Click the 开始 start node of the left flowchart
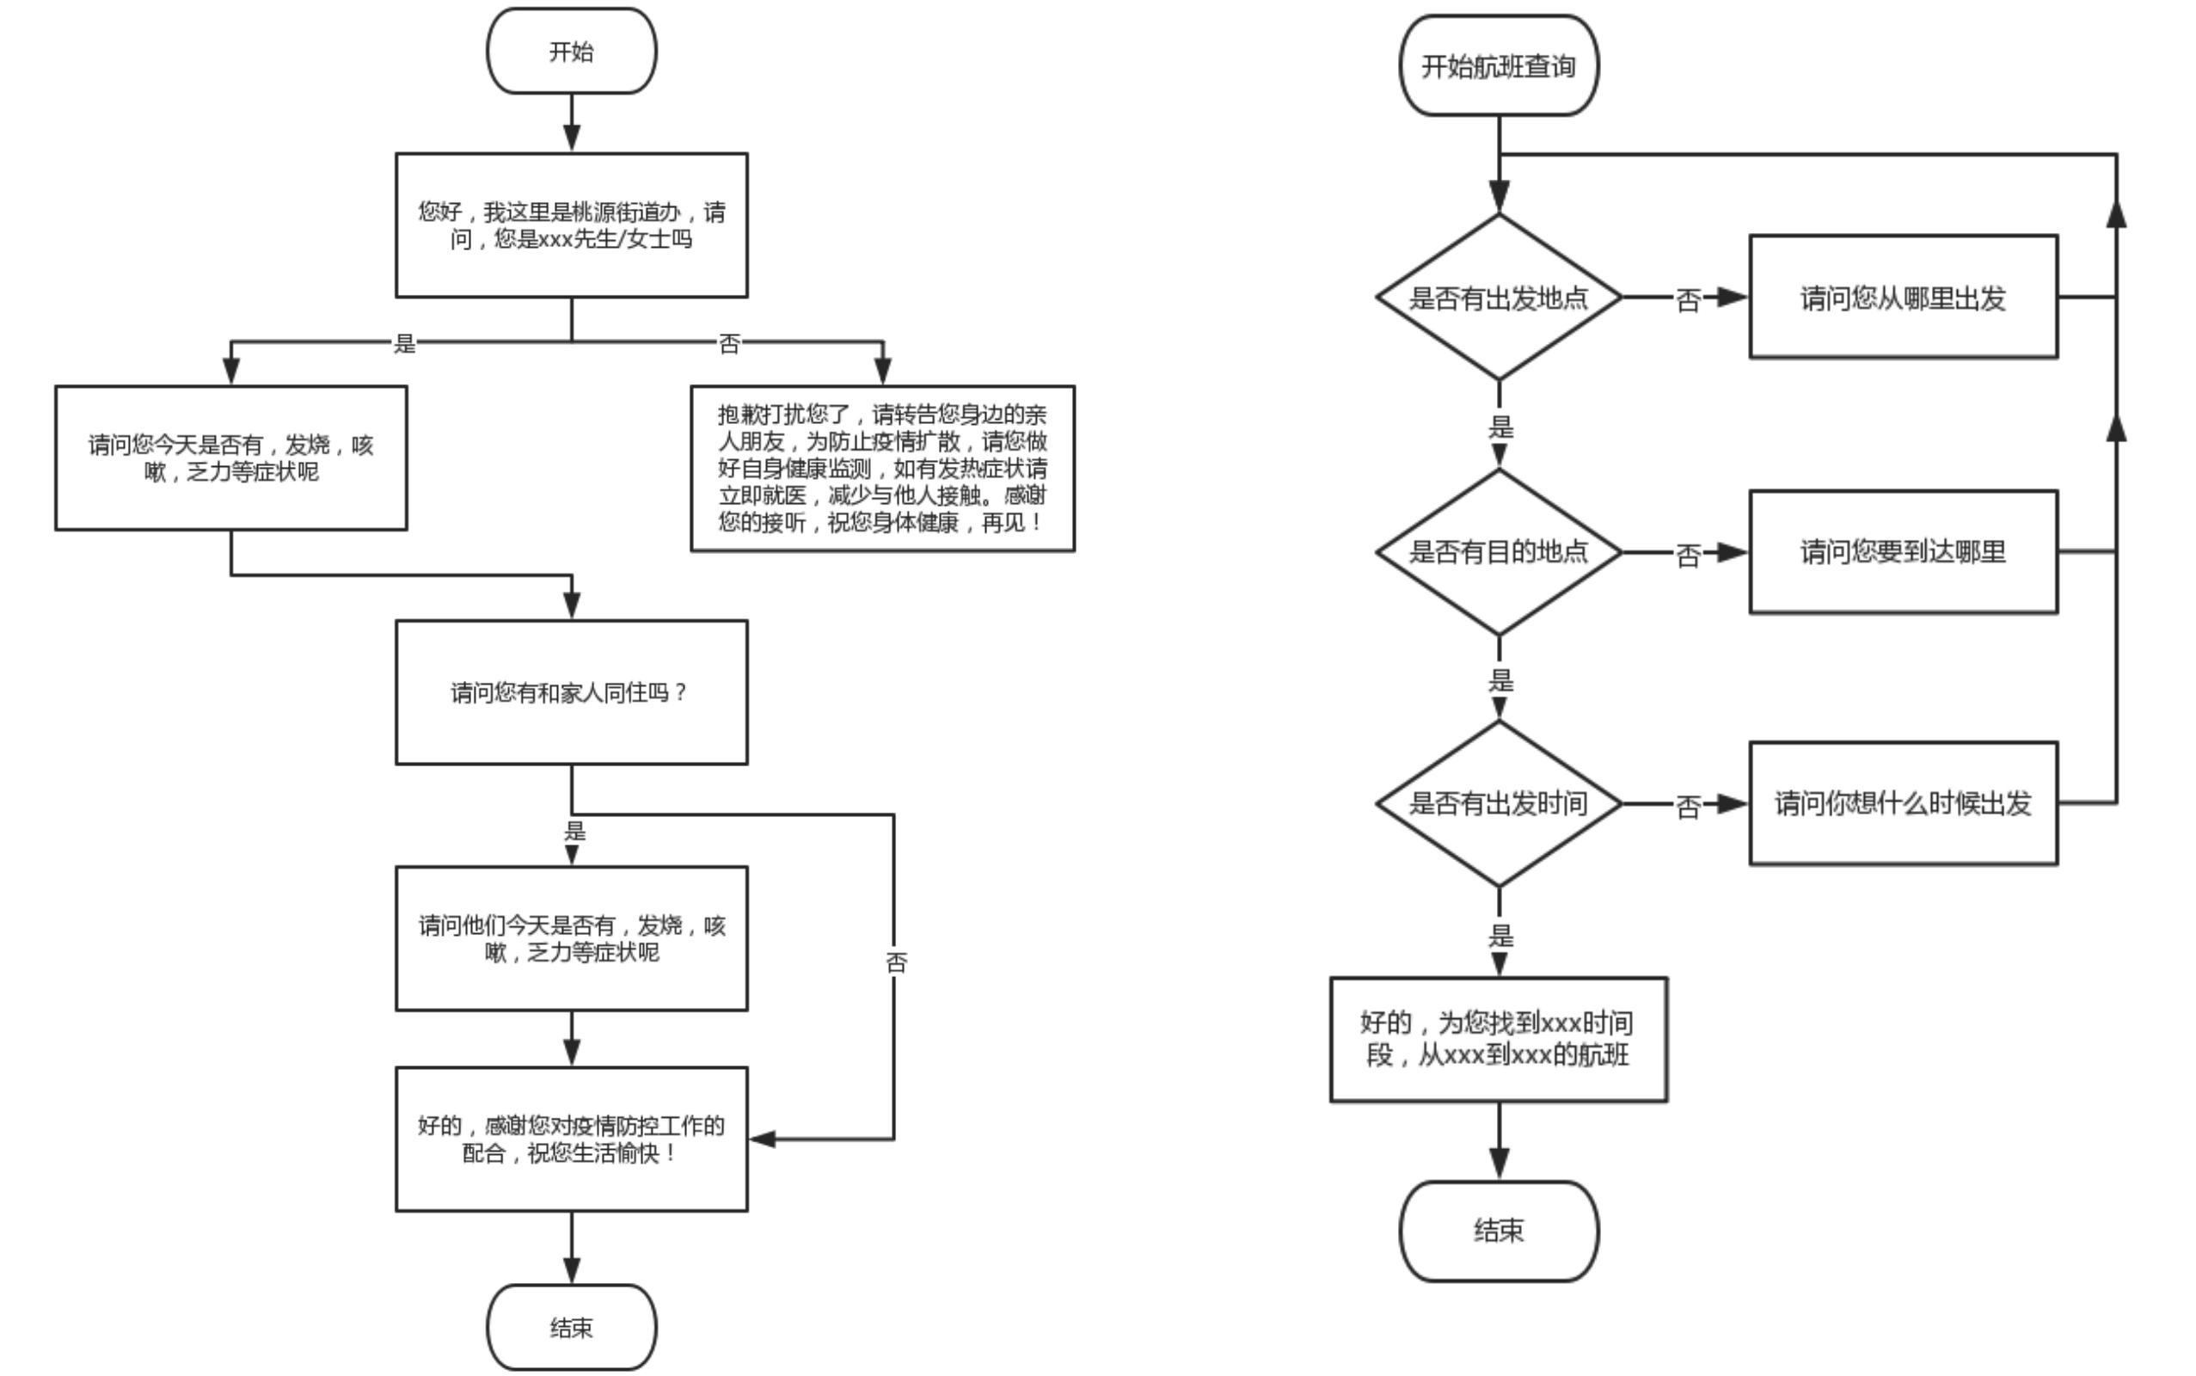point(571,51)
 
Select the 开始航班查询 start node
point(1499,65)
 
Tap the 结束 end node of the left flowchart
point(571,1327)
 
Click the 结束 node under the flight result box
point(1499,1231)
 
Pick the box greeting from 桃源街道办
point(571,224)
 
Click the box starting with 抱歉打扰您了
point(882,468)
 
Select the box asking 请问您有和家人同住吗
point(571,692)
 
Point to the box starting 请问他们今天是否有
point(571,938)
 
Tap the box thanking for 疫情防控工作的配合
point(571,1139)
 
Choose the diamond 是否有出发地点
point(1499,297)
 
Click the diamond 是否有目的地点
point(1499,550)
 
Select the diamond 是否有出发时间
point(1499,802)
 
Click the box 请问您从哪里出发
point(1903,297)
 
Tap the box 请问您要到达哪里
point(1903,550)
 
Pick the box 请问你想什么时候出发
point(1903,802)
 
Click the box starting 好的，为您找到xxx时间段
point(1499,1039)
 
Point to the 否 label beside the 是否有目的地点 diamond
point(1689,554)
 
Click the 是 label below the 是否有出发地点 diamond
point(1500,426)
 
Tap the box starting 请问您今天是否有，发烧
point(231,458)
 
